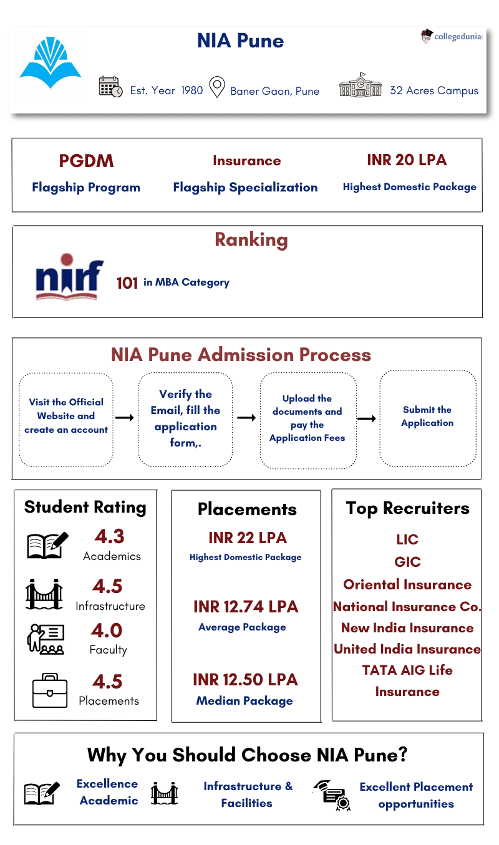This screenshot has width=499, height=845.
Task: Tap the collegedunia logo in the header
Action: pos(452,36)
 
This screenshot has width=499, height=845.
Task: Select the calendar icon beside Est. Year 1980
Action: pos(110,87)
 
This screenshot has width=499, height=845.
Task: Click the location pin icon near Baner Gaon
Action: pos(216,87)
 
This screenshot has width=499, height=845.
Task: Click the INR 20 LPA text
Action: pos(407,160)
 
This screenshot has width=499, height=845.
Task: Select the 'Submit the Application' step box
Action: pos(427,417)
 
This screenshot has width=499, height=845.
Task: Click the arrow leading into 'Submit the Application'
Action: pos(366,418)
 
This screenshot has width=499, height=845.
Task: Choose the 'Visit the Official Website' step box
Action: pos(66,417)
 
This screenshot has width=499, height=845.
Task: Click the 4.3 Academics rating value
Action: pos(109,536)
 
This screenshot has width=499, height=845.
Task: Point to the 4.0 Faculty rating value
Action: pos(107,630)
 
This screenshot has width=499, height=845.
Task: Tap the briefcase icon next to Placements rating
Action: pos(49,691)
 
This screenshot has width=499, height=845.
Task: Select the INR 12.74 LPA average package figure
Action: pos(246,607)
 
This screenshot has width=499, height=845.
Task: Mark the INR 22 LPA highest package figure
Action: pos(248,538)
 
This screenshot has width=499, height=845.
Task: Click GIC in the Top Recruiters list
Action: pos(407,562)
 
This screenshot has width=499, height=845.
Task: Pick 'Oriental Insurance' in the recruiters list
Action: pos(407,585)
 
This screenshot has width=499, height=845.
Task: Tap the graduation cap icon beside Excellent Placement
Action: pos(331,794)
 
